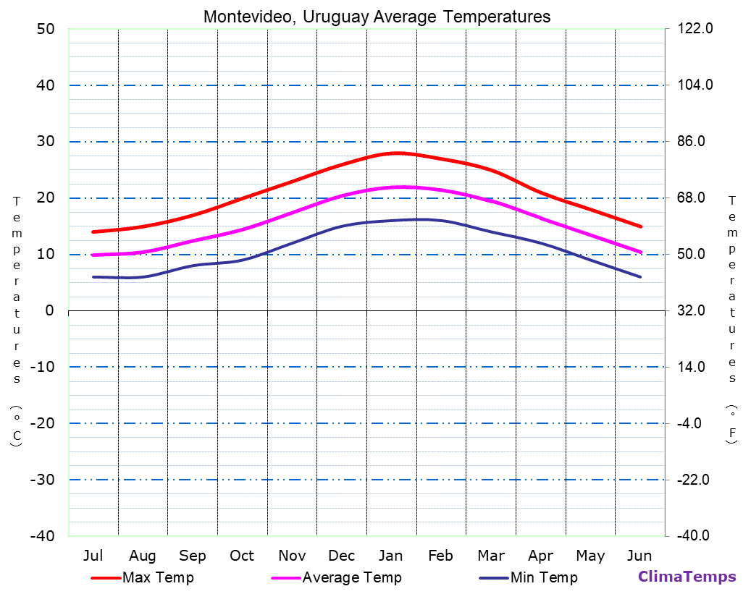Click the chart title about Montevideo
click(377, 17)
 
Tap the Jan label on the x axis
click(391, 556)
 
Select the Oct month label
click(242, 556)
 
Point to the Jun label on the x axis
click(639, 556)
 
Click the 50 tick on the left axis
click(46, 29)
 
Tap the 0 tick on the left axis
click(49, 310)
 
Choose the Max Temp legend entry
click(158, 577)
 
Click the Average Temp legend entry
click(351, 577)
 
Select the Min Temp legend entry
click(543, 577)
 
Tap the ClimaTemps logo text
click(687, 577)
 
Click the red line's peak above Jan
click(397, 153)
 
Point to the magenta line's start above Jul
click(93, 255)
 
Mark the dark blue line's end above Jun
click(640, 277)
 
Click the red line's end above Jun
click(640, 226)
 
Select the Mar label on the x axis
click(491, 556)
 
